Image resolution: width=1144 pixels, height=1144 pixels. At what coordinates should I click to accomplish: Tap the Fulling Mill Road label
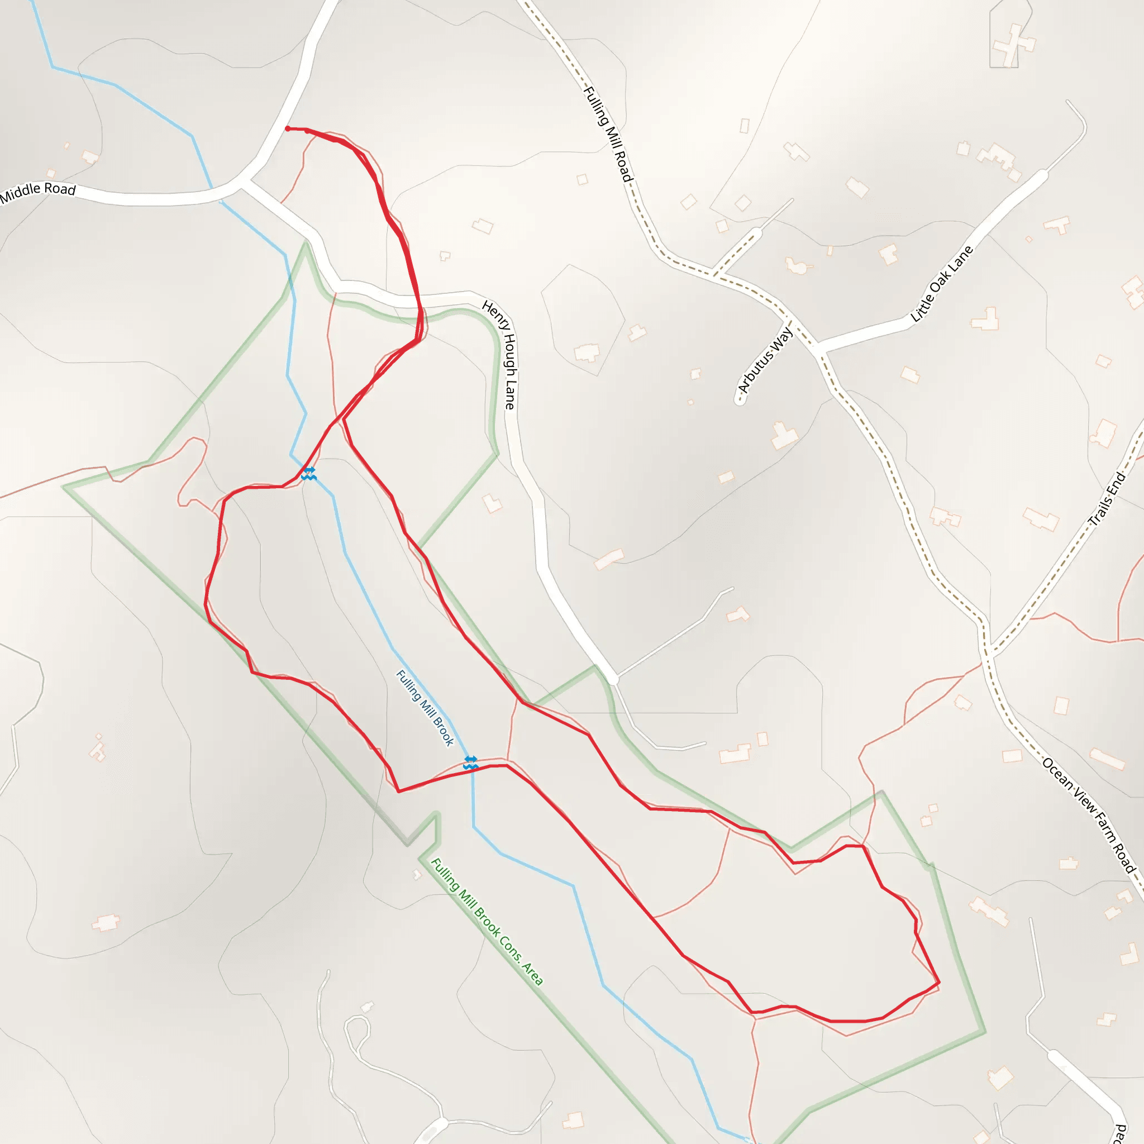tap(608, 134)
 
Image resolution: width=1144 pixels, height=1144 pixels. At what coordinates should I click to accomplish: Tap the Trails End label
tap(1107, 499)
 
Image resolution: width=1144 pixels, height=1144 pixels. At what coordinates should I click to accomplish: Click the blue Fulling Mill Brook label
tap(425, 708)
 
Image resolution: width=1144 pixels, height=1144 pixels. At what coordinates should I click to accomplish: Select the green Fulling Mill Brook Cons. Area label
tap(486, 921)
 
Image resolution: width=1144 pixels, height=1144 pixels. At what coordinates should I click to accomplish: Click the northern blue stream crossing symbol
tap(308, 473)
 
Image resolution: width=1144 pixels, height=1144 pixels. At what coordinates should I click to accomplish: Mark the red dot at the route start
tap(288, 128)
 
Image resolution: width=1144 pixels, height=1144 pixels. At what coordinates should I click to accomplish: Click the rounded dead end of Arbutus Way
tap(740, 401)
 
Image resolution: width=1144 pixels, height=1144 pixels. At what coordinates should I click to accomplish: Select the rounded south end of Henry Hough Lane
tap(613, 679)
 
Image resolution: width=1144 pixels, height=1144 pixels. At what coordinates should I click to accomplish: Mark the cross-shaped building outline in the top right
tap(1014, 45)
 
